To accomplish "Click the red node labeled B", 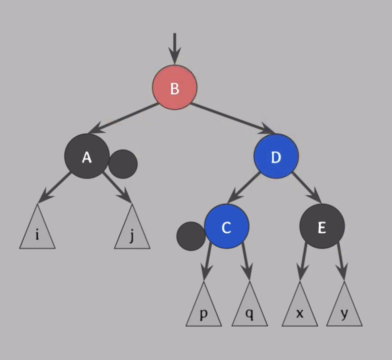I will (x=174, y=88).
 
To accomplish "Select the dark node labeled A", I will (x=87, y=156).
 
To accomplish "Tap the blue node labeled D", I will (x=276, y=156).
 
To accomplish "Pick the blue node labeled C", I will (x=227, y=226).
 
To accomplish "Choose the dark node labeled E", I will (x=322, y=226).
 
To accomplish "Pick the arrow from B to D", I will (x=231, y=118).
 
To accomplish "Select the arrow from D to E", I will (x=307, y=187).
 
